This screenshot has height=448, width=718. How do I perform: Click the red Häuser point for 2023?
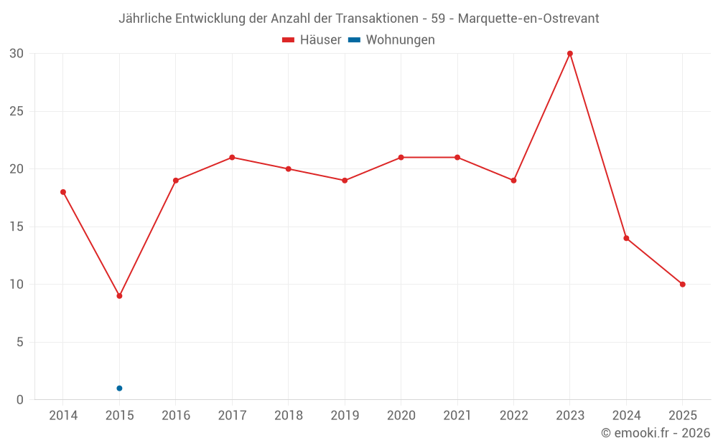click(570, 54)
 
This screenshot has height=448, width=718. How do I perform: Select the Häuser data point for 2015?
click(119, 296)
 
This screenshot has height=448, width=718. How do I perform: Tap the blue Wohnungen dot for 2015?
click(119, 389)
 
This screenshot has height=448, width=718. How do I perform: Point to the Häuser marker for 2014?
click(63, 192)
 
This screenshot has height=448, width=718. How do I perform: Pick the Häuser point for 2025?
click(683, 285)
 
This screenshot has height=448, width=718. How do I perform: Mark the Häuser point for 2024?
click(626, 238)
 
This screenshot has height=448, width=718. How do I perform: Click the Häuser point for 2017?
click(232, 158)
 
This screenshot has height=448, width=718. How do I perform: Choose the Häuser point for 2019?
click(345, 181)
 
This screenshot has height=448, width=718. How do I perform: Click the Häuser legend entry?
click(312, 40)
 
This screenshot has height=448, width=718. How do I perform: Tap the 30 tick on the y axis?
click(17, 54)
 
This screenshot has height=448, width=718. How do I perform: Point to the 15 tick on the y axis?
click(17, 227)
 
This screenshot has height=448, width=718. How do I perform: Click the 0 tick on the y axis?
click(20, 400)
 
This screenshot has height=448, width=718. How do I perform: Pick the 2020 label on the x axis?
click(401, 416)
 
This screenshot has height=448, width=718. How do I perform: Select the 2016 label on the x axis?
click(176, 416)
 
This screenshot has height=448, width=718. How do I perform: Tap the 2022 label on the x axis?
click(513, 416)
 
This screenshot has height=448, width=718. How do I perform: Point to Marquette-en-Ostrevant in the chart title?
click(528, 19)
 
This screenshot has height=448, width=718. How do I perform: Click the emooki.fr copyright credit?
click(656, 433)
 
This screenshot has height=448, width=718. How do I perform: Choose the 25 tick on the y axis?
click(17, 111)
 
